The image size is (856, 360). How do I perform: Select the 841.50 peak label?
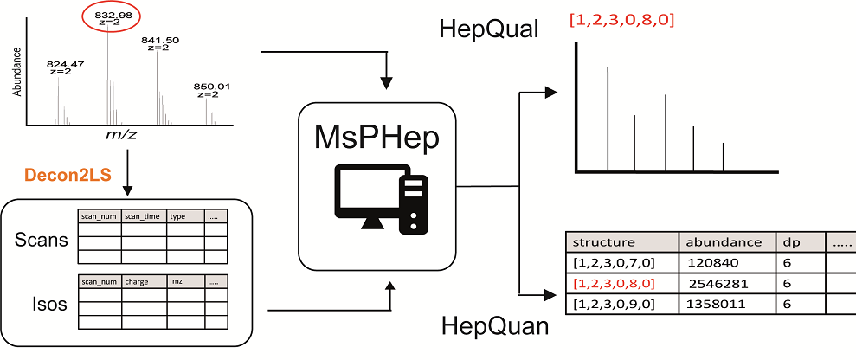point(158,43)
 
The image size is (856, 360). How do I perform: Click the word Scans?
point(42,240)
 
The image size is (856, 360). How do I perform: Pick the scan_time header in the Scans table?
point(143,216)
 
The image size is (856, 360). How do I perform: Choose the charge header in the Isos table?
point(138,281)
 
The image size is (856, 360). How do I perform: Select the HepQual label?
point(490,31)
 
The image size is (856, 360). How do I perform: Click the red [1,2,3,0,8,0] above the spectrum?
point(622,19)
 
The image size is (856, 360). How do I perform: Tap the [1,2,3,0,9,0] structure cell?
point(615,304)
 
